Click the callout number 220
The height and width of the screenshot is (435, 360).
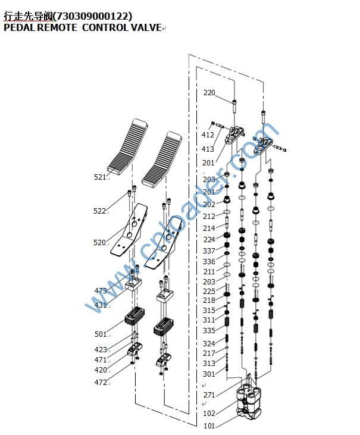(x=209, y=93)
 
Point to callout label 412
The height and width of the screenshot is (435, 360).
(x=207, y=135)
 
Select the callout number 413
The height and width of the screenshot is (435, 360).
(x=207, y=149)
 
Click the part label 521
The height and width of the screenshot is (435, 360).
(x=100, y=177)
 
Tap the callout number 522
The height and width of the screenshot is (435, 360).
(x=100, y=211)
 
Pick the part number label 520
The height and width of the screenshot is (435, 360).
(x=100, y=243)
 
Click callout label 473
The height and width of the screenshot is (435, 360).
(x=101, y=291)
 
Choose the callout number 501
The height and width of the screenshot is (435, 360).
(x=101, y=334)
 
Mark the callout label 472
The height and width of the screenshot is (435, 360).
(x=101, y=383)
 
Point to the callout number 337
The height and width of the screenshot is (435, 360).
(x=209, y=251)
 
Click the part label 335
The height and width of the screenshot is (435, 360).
(x=209, y=330)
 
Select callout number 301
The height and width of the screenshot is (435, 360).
(x=209, y=374)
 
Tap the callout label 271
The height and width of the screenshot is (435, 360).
(x=209, y=395)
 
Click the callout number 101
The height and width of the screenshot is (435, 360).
(x=209, y=425)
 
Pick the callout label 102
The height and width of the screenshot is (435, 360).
(x=209, y=413)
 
